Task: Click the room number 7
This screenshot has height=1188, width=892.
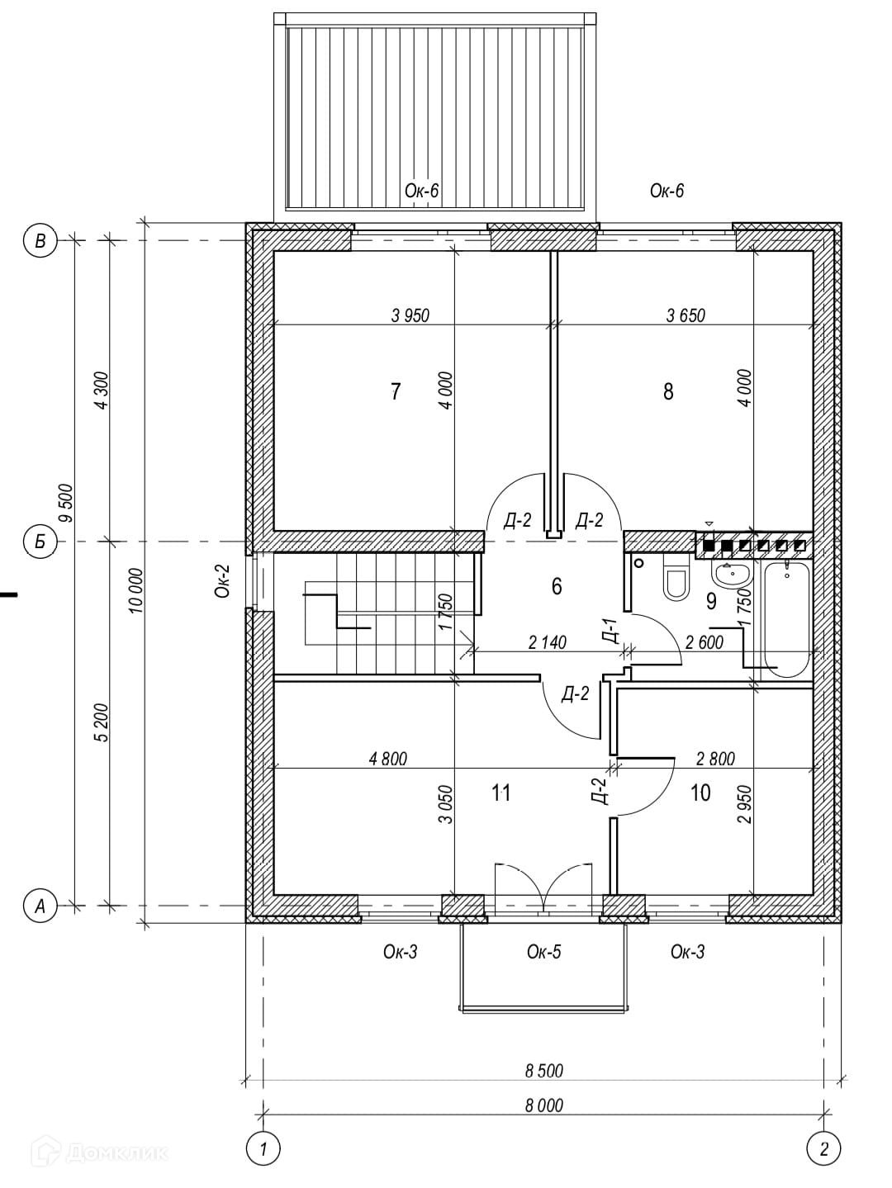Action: click(x=396, y=391)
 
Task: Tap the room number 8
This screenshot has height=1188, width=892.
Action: click(x=668, y=391)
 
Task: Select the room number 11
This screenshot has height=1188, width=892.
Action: click(x=501, y=793)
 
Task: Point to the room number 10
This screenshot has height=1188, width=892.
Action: click(x=700, y=793)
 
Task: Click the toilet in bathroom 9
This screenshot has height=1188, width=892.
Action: click(x=676, y=580)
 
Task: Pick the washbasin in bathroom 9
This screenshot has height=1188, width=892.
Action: click(x=730, y=575)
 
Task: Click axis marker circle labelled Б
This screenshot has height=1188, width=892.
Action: click(x=40, y=542)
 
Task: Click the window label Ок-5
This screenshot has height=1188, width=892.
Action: click(x=543, y=952)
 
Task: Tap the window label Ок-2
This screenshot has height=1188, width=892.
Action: click(x=221, y=581)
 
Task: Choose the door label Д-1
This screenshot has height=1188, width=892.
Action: click(x=610, y=631)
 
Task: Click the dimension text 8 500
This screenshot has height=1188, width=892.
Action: click(x=543, y=1071)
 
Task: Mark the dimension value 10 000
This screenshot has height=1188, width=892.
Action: click(x=136, y=589)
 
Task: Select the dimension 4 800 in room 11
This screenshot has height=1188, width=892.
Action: click(x=388, y=759)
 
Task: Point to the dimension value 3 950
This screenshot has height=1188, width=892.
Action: click(x=410, y=315)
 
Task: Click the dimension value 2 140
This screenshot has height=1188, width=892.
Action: click(x=547, y=642)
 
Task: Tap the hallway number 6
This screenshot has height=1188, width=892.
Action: click(x=557, y=586)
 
